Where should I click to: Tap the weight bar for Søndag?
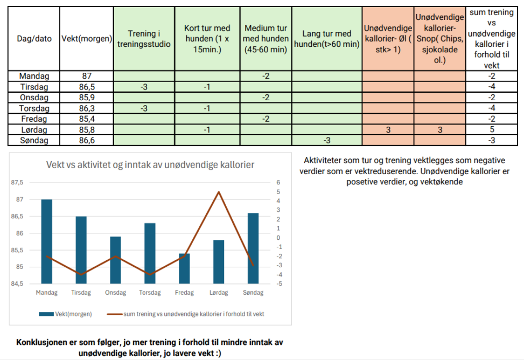(x=253, y=248)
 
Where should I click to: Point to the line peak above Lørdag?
(x=219, y=192)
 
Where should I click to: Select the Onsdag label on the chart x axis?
(x=115, y=293)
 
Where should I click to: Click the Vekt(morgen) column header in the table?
(x=86, y=39)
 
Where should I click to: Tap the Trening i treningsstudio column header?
(x=144, y=39)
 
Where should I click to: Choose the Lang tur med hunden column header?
(x=327, y=39)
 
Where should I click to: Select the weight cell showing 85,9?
(x=86, y=98)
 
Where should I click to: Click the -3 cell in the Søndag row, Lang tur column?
(x=327, y=140)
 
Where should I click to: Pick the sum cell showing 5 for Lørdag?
(x=492, y=129)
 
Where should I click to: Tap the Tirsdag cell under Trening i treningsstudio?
(x=144, y=87)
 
